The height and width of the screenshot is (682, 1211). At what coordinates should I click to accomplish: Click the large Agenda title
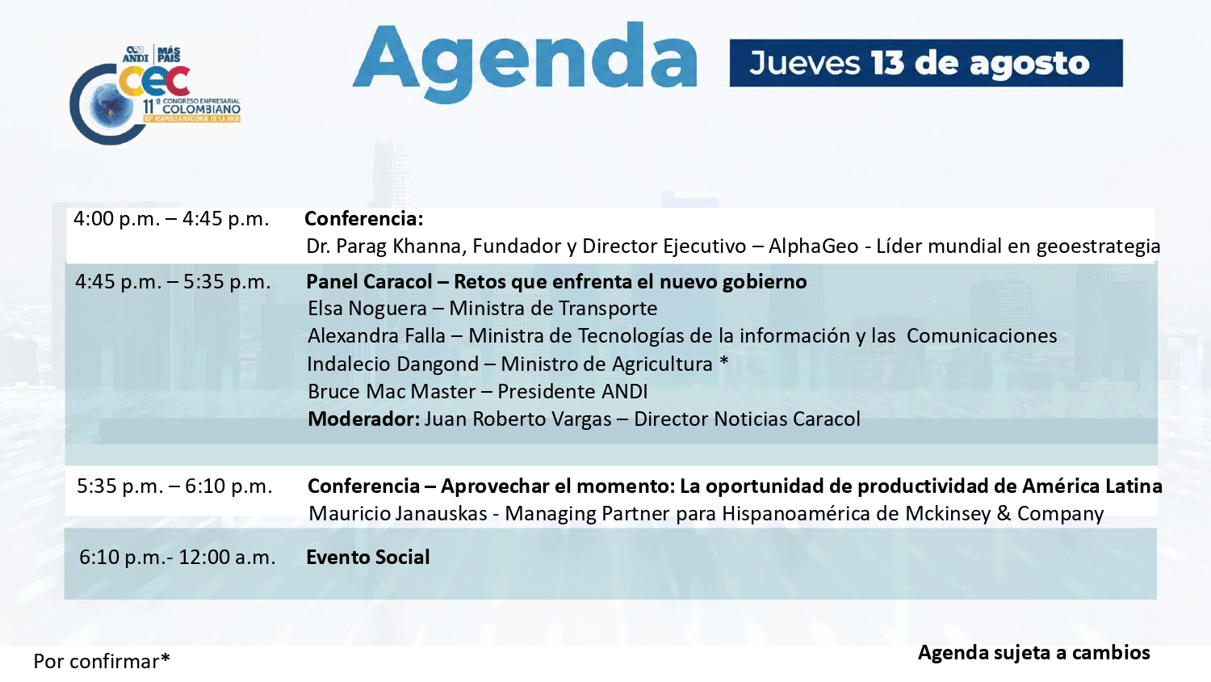pos(525,62)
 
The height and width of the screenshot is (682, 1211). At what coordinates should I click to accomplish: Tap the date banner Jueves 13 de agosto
pos(926,63)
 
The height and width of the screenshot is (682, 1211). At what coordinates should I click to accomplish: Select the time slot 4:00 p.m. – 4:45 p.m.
pos(171,219)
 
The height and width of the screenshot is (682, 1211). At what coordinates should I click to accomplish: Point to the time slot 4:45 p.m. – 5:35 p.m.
pos(173,282)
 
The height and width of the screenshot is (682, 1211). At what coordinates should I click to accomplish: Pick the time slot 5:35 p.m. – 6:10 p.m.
pos(174,486)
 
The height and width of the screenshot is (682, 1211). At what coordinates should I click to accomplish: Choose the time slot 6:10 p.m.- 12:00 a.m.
pos(178,557)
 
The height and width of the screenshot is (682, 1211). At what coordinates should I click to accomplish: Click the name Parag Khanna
pos(400,246)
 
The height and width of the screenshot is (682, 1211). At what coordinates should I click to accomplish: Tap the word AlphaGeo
pos(813,246)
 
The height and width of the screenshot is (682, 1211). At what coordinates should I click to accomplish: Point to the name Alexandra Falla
pos(376,336)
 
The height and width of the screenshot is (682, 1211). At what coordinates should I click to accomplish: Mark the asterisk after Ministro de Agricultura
pos(724,361)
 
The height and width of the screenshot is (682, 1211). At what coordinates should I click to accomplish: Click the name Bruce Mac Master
pos(392,391)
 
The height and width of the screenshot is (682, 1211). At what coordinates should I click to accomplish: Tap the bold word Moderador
pos(361,419)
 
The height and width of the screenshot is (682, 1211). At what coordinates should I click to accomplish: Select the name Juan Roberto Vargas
pos(518,419)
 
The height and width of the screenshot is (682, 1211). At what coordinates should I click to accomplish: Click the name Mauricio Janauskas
pos(398,514)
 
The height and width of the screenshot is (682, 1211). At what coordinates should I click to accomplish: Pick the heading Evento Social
pos(368,557)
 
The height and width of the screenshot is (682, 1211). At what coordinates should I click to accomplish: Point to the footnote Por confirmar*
pos(102,661)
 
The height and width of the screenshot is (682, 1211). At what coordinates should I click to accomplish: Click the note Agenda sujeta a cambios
pos(1033,653)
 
